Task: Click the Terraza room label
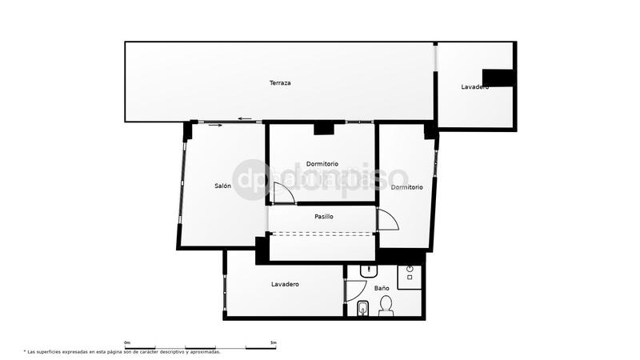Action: coord(280,83)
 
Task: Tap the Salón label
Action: coord(222,186)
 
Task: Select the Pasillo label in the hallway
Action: coord(323,216)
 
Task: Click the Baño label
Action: coord(382,287)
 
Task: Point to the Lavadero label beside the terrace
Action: coord(474,86)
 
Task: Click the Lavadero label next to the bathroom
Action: coord(285,284)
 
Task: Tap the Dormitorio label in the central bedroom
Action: coord(322,163)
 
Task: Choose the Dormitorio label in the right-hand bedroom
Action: coord(406,187)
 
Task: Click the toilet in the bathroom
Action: coord(386,306)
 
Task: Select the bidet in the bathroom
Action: coord(362,308)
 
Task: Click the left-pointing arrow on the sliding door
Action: coord(245,119)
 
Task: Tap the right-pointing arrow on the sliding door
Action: coord(214,125)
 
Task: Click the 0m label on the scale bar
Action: coord(127,342)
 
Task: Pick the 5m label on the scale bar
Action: coord(274,342)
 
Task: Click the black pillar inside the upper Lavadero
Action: coord(501,78)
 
